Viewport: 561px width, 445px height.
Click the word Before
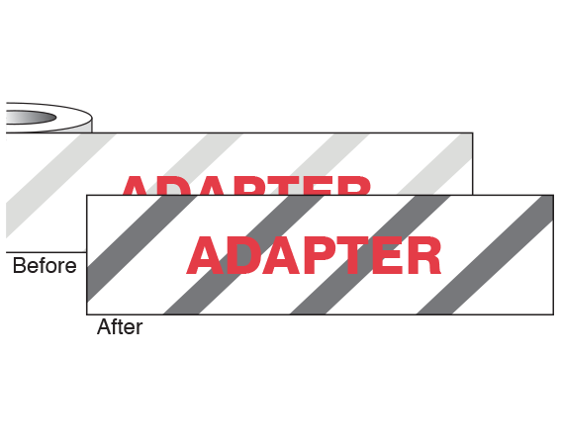click(x=45, y=266)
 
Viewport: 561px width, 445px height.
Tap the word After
click(x=120, y=326)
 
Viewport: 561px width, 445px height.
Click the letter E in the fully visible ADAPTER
click(x=387, y=255)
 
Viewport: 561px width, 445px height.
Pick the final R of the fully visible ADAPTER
click(x=424, y=255)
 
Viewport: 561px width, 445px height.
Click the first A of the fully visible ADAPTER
click(x=205, y=255)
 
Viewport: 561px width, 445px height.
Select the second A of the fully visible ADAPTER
click(x=277, y=255)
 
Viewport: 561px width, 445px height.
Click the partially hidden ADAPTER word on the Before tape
click(x=246, y=186)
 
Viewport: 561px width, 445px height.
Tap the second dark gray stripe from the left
click(x=243, y=255)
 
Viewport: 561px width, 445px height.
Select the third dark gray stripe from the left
click(x=370, y=255)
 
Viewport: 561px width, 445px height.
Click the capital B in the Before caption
click(x=19, y=266)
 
